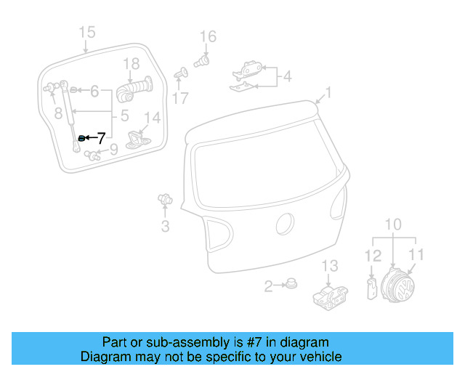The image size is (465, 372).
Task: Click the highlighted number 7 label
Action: (101, 137)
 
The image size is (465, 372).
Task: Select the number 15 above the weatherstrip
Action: (87, 32)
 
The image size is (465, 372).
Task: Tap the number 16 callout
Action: (208, 36)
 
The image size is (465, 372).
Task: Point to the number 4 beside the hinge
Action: (287, 76)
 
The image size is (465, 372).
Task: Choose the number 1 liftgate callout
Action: (328, 92)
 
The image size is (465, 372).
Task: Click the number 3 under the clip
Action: (165, 227)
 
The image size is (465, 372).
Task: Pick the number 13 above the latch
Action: (331, 265)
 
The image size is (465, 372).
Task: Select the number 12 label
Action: (372, 255)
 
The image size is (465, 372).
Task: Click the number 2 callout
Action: (268, 286)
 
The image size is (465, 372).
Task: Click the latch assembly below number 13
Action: (328, 296)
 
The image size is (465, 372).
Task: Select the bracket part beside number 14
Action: (137, 138)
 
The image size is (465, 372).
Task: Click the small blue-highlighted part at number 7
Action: (81, 137)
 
